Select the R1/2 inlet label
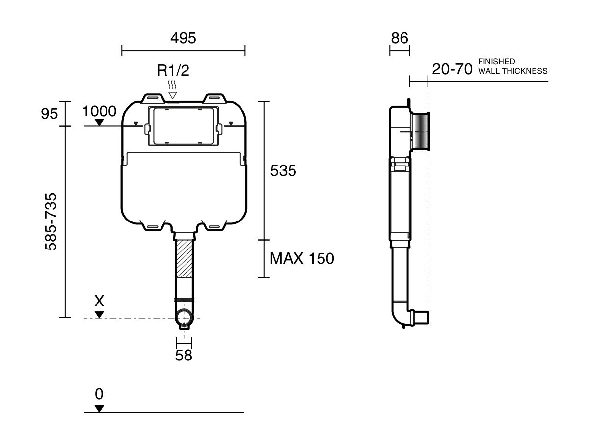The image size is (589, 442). tap(173, 70)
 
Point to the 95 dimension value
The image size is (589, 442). tap(49, 114)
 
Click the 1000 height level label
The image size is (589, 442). tap(100, 111)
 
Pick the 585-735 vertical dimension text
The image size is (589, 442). tap(51, 221)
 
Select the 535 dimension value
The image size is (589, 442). tap(283, 171)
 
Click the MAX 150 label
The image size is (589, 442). tap(302, 258)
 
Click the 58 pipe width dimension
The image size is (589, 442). tap(184, 356)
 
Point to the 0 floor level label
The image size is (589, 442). tap(99, 394)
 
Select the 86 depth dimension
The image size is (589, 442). tap(400, 38)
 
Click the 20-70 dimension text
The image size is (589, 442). tap(452, 69)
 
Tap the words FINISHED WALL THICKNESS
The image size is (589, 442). tap(512, 66)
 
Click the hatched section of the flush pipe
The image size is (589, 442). tap(184, 259)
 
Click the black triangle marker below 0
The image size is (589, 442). tap(99, 408)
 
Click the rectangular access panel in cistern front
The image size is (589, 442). tap(183, 126)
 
